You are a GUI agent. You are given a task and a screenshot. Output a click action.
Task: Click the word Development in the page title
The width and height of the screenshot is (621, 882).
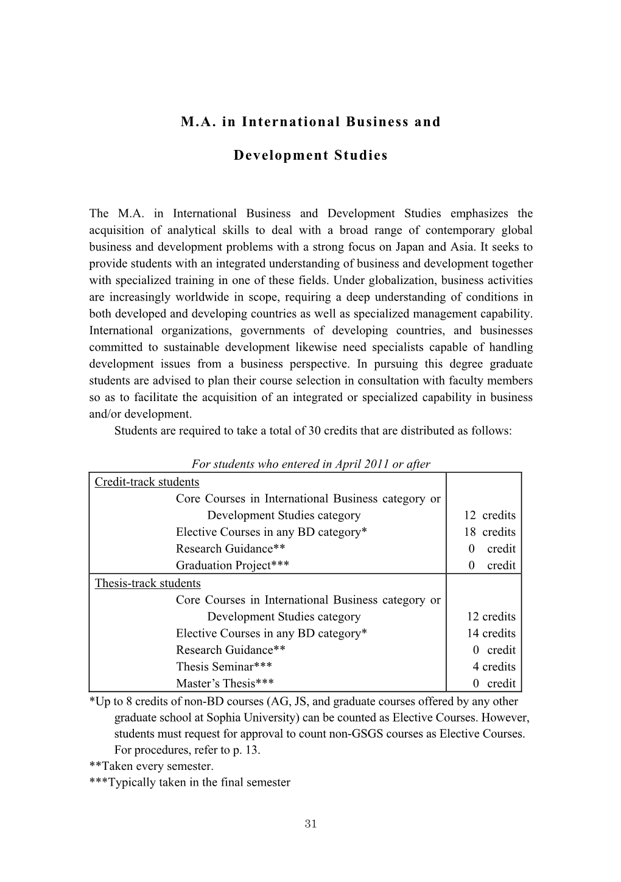[280, 155]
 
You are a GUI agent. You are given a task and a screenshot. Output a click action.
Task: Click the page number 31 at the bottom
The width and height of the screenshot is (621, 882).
[310, 824]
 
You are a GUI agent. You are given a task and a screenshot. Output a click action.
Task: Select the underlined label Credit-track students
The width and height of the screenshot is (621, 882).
[147, 482]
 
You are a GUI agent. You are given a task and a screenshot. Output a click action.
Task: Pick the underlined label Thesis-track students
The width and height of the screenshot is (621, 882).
[147, 583]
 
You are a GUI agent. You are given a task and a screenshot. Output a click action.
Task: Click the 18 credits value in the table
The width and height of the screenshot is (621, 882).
[489, 532]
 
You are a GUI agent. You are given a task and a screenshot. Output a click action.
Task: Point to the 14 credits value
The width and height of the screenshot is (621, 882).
[491, 633]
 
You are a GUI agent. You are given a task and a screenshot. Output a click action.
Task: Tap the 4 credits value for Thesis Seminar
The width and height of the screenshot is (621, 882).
[494, 667]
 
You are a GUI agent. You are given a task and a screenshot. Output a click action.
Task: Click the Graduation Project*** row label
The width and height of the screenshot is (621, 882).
[232, 566]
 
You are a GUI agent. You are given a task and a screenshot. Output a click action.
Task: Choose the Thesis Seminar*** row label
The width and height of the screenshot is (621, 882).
[223, 667]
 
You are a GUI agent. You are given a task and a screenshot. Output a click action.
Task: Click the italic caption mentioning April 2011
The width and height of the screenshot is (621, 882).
[310, 464]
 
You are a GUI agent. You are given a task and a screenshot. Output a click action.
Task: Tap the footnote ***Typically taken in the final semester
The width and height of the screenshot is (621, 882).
[189, 783]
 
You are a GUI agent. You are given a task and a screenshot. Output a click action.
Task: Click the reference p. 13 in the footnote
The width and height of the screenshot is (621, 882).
[244, 750]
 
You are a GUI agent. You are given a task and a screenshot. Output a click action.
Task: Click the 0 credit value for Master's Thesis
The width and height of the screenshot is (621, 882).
[494, 683]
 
